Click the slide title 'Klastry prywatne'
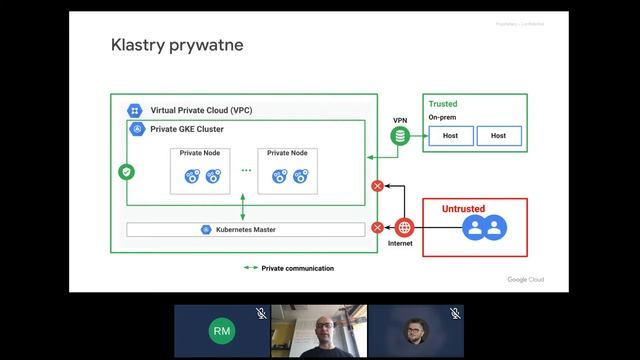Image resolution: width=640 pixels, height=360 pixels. coord(176,46)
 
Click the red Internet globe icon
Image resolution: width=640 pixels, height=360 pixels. coord(404,226)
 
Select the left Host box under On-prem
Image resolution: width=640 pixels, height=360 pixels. coord(450,136)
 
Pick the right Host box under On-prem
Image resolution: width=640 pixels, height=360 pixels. coord(498,136)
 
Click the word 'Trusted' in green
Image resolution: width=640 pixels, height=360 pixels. coord(443,104)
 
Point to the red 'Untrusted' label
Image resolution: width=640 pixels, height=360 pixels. coord(463,209)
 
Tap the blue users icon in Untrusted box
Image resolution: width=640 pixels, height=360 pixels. coord(483,229)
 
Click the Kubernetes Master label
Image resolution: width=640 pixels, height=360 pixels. coord(245,229)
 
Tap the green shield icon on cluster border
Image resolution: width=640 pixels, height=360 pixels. coord(126,172)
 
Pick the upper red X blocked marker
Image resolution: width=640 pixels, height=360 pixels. coord(377,186)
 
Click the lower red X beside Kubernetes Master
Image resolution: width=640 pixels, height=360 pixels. coord(377,227)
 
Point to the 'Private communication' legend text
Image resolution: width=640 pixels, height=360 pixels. coord(297,268)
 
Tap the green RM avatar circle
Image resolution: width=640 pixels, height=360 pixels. coord(222,330)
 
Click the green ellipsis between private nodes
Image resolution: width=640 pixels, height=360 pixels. coord(246,172)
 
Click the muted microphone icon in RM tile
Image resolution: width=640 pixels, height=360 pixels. coord(260,313)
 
